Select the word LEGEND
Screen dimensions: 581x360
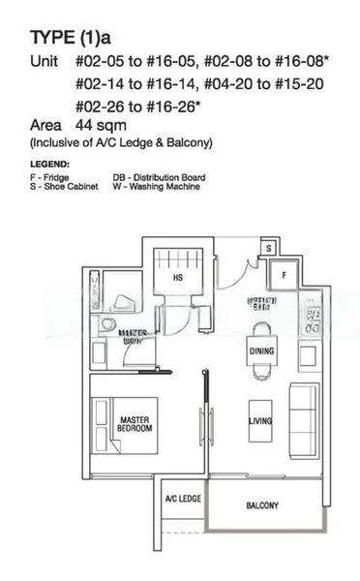(x=50, y=164)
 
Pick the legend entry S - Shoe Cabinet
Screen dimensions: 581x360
(x=64, y=186)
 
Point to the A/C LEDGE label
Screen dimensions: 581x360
(x=183, y=499)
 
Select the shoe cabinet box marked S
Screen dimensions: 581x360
(x=269, y=247)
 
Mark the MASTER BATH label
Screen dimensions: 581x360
(x=134, y=337)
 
